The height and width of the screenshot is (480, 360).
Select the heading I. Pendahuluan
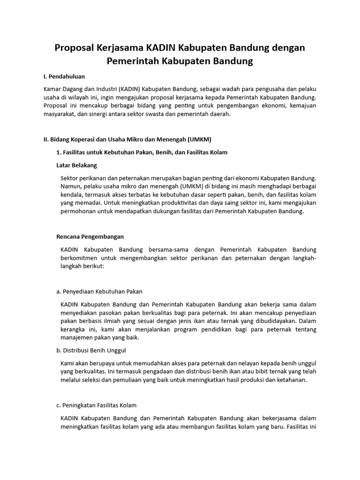pyautogui.click(x=64, y=76)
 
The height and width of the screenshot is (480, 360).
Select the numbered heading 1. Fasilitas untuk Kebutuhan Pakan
pyautogui.click(x=142, y=152)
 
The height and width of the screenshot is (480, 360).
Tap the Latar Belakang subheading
pyautogui.click(x=77, y=165)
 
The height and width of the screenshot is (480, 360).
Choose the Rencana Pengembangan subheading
pyautogui.click(x=90, y=236)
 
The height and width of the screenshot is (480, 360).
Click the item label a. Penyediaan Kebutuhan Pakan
pyautogui.click(x=99, y=291)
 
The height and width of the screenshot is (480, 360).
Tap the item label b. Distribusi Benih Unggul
pyautogui.click(x=91, y=350)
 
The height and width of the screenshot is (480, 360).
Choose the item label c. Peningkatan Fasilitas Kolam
pyautogui.click(x=96, y=405)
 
